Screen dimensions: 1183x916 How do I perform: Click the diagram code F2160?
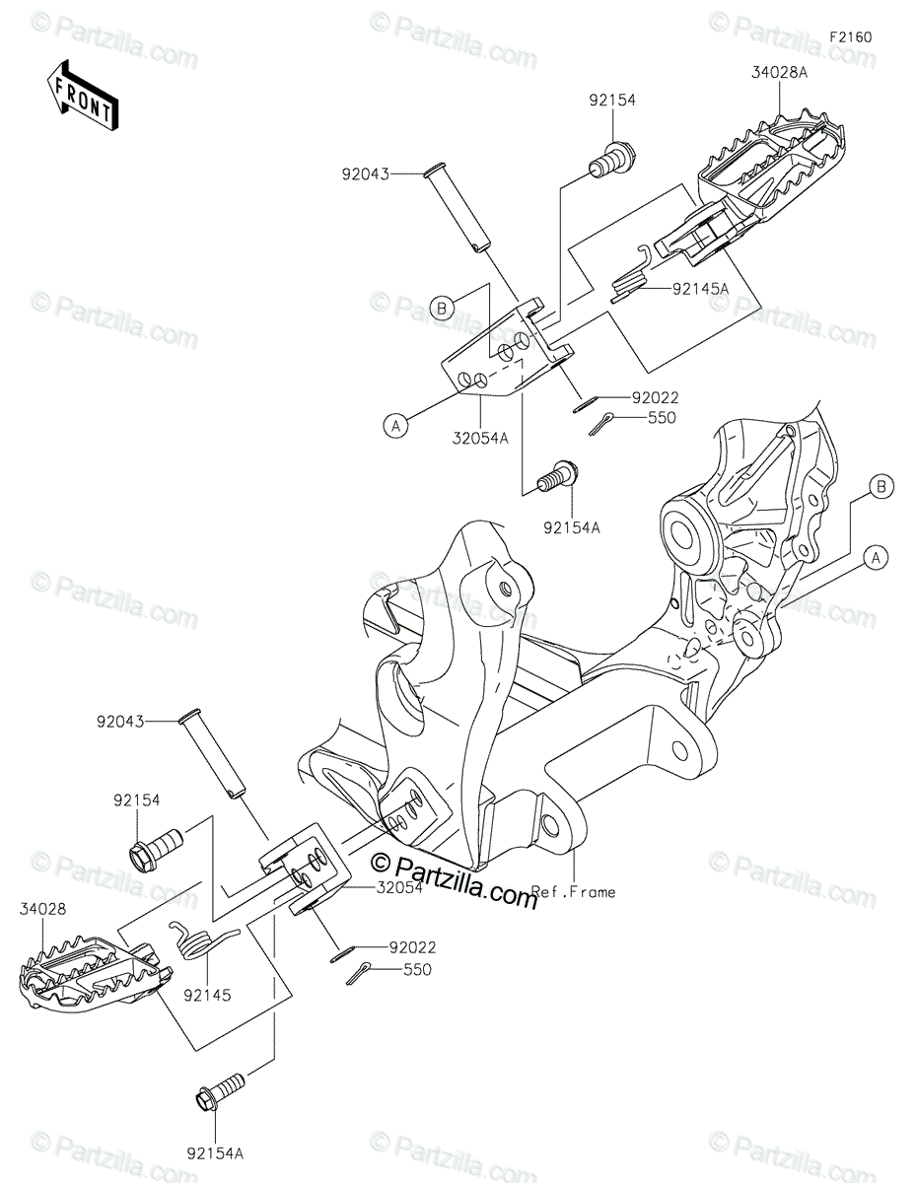850,37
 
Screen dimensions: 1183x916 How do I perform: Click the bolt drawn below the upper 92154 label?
612,159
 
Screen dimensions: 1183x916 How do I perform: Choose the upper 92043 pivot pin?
462,212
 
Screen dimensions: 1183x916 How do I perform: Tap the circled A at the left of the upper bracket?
395,425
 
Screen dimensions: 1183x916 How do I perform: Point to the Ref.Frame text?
574,891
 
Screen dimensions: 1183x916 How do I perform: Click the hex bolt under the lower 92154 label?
157,846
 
